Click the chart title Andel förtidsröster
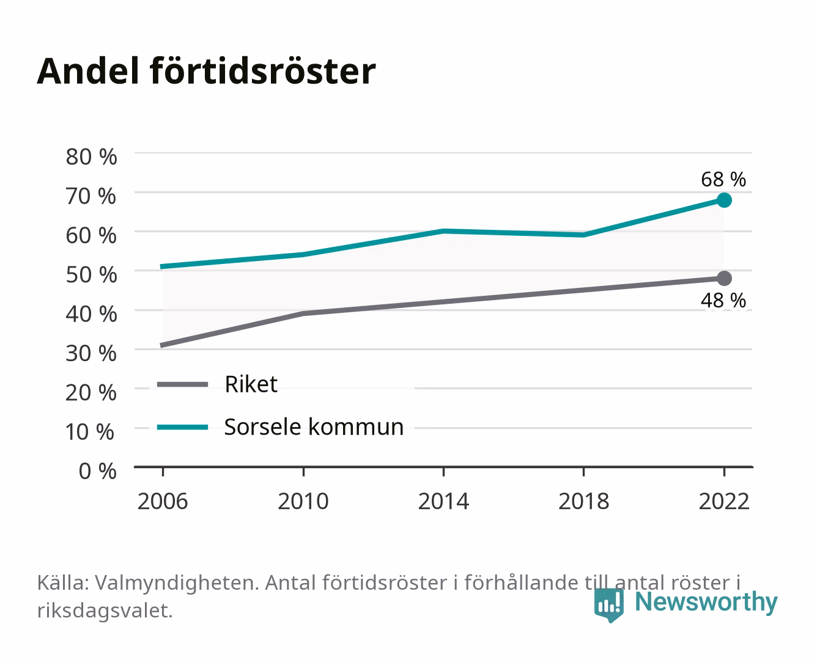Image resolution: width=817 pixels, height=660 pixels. click(206, 71)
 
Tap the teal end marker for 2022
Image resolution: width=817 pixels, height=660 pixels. click(724, 200)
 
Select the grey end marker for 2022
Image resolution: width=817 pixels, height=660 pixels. click(724, 278)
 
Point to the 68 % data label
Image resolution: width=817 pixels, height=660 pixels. click(723, 180)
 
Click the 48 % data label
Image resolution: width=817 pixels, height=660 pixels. click(723, 300)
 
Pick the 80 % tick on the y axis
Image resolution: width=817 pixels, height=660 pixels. click(91, 157)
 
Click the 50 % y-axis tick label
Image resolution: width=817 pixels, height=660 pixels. click(91, 274)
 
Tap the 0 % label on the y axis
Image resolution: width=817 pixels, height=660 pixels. click(97, 471)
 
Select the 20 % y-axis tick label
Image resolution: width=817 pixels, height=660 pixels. click(91, 392)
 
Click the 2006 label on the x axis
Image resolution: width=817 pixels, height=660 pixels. click(163, 501)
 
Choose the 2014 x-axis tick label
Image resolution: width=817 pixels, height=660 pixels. click(443, 501)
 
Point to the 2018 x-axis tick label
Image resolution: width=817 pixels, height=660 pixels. click(584, 501)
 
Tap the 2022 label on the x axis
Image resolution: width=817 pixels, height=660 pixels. click(724, 501)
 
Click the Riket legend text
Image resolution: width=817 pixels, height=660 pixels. click(251, 384)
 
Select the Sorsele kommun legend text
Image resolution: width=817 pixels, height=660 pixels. click(314, 427)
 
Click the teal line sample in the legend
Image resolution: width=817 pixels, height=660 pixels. click(183, 427)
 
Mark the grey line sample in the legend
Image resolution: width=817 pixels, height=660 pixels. click(183, 384)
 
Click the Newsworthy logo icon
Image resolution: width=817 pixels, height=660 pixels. click(608, 605)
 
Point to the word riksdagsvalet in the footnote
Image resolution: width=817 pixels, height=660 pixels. click(105, 610)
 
